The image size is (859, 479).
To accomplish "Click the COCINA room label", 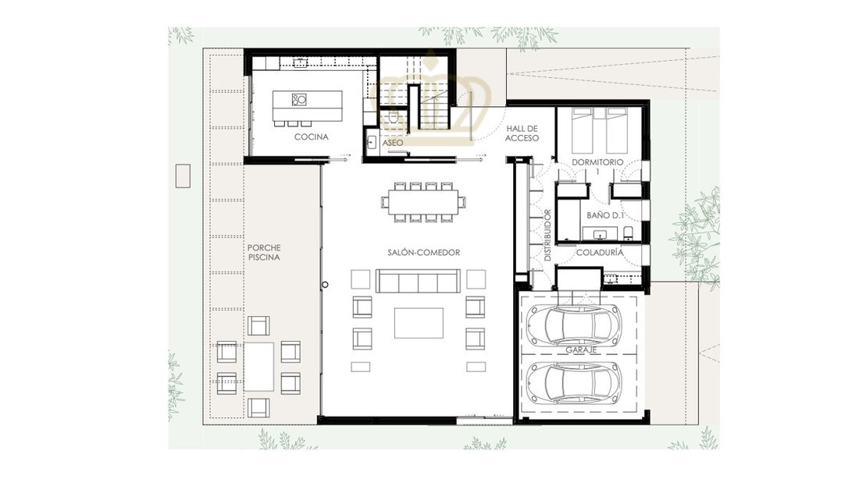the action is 311,137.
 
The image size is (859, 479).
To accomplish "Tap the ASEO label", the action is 393,143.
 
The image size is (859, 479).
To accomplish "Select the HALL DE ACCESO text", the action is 522,133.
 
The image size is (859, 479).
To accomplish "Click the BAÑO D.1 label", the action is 605,215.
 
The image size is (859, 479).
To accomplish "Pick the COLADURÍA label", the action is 600,252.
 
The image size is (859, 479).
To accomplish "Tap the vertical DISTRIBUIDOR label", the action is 547,235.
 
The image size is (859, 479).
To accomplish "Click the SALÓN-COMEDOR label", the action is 423,252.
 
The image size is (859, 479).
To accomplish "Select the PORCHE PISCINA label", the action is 264,252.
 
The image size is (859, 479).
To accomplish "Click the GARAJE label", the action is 581,349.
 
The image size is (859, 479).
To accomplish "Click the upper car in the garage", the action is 574,324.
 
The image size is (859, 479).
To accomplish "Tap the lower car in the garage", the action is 574,382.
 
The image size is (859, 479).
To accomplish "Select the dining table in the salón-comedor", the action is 423,201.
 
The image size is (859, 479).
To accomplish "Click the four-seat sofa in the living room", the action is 418,282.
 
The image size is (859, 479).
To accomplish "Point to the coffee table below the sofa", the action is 419,323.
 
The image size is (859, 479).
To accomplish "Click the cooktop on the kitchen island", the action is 298,100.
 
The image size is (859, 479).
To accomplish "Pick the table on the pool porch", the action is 258,367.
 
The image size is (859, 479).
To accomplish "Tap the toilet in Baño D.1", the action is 628,232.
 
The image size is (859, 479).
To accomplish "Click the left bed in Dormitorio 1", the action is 581,130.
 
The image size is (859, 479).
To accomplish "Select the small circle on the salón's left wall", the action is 325,285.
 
